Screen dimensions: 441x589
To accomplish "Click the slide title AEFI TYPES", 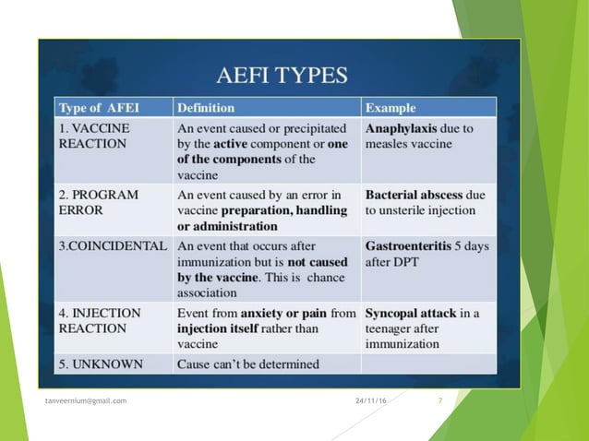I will pyautogui.click(x=282, y=75).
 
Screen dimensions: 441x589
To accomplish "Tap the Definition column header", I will pyautogui.click(x=206, y=108).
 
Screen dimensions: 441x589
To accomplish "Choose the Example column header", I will pyautogui.click(x=391, y=108).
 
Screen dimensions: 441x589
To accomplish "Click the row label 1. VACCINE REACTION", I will pyautogui.click(x=94, y=137).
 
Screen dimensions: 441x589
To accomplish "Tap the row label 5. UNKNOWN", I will pyautogui.click(x=101, y=364).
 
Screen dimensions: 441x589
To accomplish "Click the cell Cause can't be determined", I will pyautogui.click(x=247, y=364).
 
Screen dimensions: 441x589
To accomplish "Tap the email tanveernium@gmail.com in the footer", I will pyautogui.click(x=87, y=400).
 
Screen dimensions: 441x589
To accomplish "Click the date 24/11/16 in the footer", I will pyautogui.click(x=371, y=400).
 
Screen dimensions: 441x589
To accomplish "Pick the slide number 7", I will pyautogui.click(x=439, y=400).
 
